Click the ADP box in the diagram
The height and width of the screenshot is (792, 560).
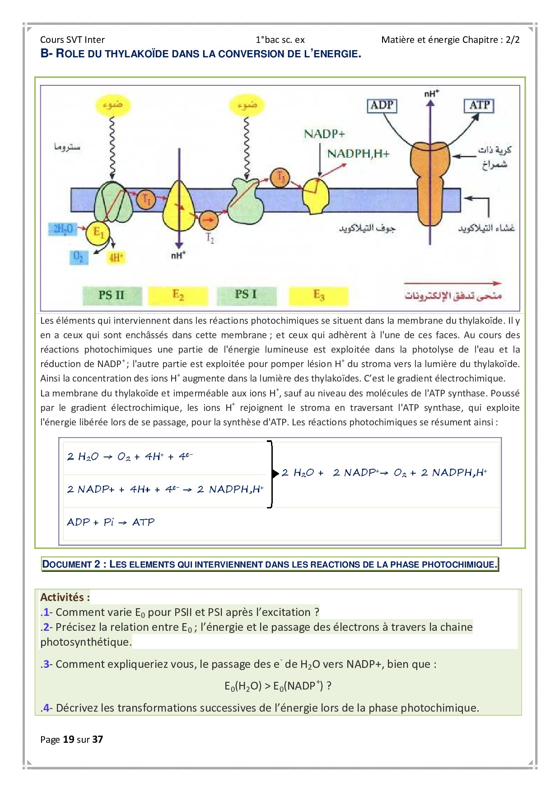click(382, 106)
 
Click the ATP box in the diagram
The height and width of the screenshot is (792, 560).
click(479, 106)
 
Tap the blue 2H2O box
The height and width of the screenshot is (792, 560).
click(63, 229)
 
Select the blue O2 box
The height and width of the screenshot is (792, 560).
click(79, 257)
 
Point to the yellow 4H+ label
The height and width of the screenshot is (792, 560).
click(116, 258)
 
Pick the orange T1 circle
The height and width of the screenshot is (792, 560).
click(147, 199)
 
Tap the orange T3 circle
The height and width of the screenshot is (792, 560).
click(280, 177)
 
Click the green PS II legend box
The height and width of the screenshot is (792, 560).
click(112, 295)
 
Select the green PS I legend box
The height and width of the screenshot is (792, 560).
click(246, 295)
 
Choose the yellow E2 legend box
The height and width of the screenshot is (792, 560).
click(178, 295)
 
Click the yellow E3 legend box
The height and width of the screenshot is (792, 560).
click(318, 295)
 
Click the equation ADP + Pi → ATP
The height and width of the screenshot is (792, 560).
click(111, 522)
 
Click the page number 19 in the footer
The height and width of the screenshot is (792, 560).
click(68, 739)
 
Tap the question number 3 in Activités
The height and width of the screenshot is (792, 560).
click(46, 664)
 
